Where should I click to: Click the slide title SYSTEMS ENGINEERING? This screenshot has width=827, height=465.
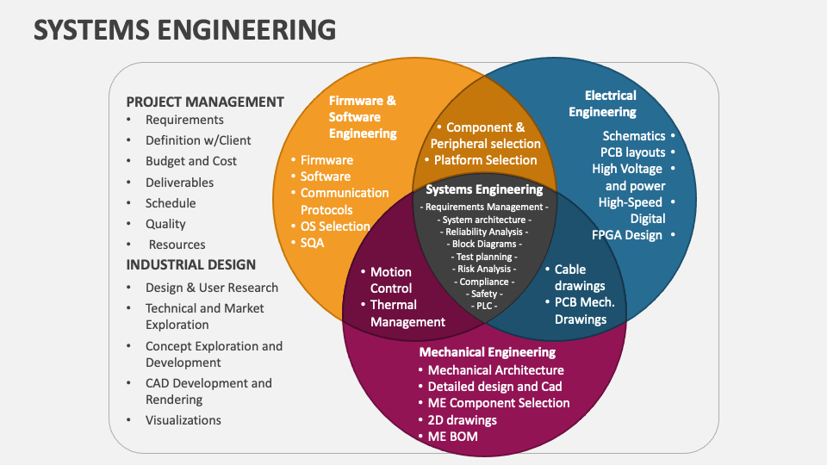point(184,29)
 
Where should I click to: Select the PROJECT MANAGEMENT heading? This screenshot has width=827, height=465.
point(205,102)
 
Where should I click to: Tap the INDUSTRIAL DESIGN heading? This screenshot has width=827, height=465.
point(191,264)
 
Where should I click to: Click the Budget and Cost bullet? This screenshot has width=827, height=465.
point(191,161)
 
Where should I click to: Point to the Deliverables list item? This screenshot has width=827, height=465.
point(179,183)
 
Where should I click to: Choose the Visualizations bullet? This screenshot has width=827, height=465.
point(183,420)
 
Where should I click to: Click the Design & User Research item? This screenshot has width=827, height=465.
point(212,288)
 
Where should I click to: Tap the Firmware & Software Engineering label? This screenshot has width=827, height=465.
point(363,117)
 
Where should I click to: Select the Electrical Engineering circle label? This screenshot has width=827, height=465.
point(603,103)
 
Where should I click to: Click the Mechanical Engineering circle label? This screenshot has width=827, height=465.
point(488,351)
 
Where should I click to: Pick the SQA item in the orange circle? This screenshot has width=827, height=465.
point(312,243)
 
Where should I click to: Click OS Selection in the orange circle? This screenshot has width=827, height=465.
point(335,226)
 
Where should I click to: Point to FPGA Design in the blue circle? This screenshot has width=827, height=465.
point(626,235)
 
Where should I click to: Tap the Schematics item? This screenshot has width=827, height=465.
point(634,135)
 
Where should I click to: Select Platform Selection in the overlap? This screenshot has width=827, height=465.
point(485,160)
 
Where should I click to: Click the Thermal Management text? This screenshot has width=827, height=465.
point(407,313)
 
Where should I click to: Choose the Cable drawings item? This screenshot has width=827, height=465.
point(580,277)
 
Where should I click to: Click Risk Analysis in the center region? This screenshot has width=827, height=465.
point(484,269)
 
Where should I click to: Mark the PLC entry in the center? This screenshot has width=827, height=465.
point(484,306)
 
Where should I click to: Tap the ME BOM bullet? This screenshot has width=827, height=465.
point(452,437)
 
